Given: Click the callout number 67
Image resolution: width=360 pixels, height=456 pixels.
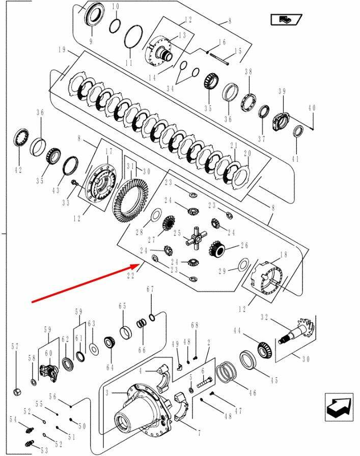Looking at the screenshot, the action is coord(150,290).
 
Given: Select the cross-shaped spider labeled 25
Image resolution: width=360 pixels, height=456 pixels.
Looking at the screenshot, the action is coord(196,237).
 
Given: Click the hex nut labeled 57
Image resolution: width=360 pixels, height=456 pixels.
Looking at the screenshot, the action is coord(17,392).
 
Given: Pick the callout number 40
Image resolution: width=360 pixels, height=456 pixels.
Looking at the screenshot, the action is coord(312,108).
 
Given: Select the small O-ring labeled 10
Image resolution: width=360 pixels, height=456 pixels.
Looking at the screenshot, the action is coord(115,26).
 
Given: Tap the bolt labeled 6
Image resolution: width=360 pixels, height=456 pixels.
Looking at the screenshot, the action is coord(205,382).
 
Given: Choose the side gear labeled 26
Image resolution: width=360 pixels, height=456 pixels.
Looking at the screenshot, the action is coord(217,248).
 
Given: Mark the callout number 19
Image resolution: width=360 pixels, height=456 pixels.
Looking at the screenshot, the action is coord(62,50).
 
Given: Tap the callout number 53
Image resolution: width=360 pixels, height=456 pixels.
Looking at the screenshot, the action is coord(44,451).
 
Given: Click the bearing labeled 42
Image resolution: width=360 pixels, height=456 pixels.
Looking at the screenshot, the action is coord(21,137).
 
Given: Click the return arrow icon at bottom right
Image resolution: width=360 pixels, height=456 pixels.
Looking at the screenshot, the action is coord(339,407).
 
